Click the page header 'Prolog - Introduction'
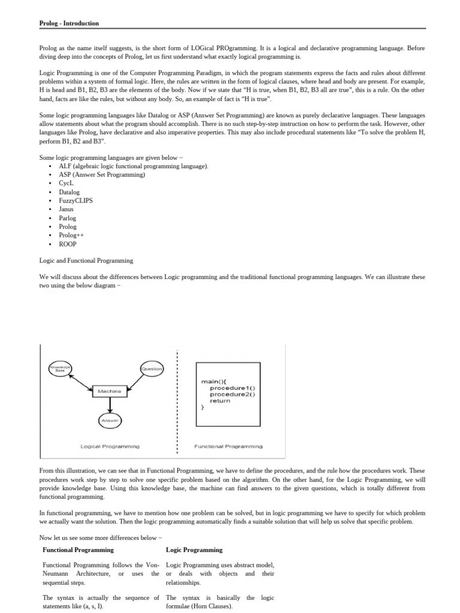point(69,23)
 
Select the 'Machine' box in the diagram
point(109,391)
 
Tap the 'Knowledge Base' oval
point(59,368)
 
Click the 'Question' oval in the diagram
point(152,369)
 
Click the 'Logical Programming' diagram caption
point(110,446)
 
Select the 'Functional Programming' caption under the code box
point(228,446)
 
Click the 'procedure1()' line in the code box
point(232,388)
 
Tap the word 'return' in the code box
point(220,400)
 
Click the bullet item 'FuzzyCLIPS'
point(75,201)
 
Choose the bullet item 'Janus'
point(66,210)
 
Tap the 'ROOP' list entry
point(68,244)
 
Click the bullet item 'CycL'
point(66,183)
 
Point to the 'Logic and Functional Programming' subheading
point(86,261)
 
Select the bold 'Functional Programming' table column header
point(78,550)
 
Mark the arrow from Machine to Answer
point(109,405)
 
